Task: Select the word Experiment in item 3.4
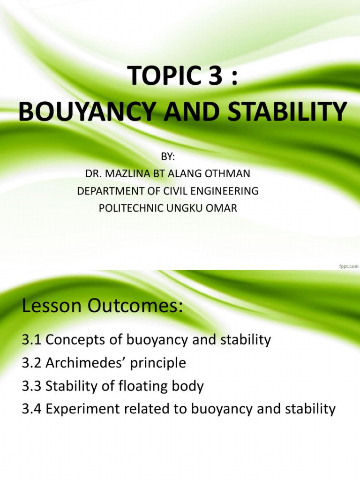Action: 83,409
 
